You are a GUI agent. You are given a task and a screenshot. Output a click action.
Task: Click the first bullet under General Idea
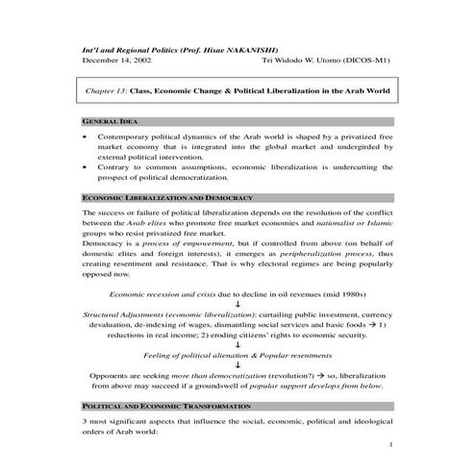pos(87,139)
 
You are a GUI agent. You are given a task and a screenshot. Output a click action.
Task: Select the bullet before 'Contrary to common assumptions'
pos(87,168)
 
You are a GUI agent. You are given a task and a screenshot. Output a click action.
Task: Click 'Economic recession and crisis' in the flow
pos(164,291)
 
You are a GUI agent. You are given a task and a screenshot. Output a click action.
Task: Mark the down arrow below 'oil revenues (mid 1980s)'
pos(238,303)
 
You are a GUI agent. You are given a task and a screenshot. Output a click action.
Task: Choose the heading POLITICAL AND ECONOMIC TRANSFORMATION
pos(160,409)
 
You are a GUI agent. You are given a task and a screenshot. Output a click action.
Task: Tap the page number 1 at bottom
pos(391,446)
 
